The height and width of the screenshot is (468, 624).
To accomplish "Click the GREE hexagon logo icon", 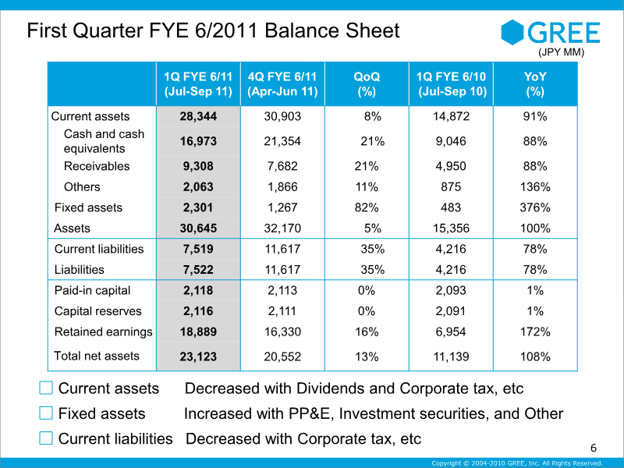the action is tap(512, 32).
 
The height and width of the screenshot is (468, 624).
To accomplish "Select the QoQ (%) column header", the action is tap(367, 84).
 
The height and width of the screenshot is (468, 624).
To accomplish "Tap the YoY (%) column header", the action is tap(535, 84).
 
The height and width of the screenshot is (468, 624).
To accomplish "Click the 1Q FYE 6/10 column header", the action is tap(452, 84).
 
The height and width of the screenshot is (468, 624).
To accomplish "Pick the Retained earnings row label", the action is tap(103, 332).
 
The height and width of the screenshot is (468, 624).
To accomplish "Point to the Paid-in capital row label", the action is tap(92, 290).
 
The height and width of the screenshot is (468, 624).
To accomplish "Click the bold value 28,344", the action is tap(198, 116).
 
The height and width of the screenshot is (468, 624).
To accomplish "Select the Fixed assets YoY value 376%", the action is tap(535, 207).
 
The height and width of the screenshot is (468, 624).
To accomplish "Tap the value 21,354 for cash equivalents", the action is tap(282, 141).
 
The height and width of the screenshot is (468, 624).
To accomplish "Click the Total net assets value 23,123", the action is tap(198, 356).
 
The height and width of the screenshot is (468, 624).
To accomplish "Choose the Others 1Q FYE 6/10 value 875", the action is tap(451, 186).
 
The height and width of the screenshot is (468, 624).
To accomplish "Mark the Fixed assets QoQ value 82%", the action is tap(367, 207).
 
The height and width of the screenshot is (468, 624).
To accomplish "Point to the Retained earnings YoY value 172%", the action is tap(535, 332).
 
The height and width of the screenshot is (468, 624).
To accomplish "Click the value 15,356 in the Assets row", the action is tap(451, 229).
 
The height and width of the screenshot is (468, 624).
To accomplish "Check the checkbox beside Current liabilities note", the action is tap(46, 438).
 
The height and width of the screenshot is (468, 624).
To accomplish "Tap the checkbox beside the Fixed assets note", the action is tap(46, 413).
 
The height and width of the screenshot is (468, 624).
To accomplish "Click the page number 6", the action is tap(594, 448).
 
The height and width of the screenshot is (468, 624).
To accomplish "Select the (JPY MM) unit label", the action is tap(561, 52).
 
